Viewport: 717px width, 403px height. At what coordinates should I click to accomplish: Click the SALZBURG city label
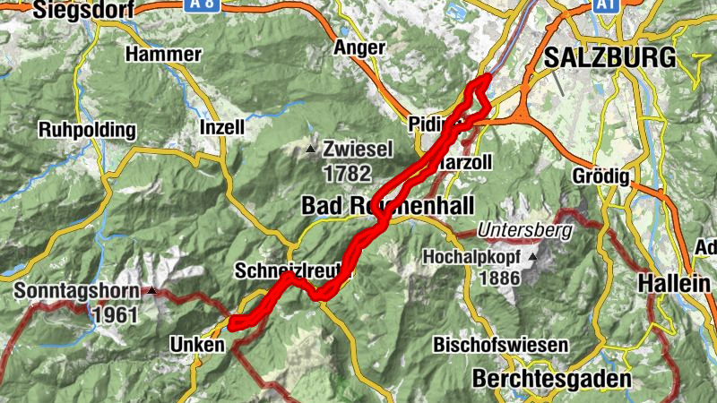coord(609,59)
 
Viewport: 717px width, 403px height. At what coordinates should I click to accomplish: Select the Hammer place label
coord(163,55)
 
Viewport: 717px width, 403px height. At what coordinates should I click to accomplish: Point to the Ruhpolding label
coord(87,130)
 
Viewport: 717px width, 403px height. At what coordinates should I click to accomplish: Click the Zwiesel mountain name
coord(358,150)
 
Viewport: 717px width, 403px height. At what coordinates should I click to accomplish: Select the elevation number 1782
coord(347,170)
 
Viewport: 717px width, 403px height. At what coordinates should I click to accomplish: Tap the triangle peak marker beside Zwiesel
coord(311,149)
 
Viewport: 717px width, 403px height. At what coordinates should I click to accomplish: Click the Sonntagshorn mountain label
coord(76,292)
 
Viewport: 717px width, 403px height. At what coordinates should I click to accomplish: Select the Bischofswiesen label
coord(501,345)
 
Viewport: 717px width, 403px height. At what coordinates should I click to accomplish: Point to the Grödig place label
coord(600,174)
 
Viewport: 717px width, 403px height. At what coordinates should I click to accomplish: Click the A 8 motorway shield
coord(203,4)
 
